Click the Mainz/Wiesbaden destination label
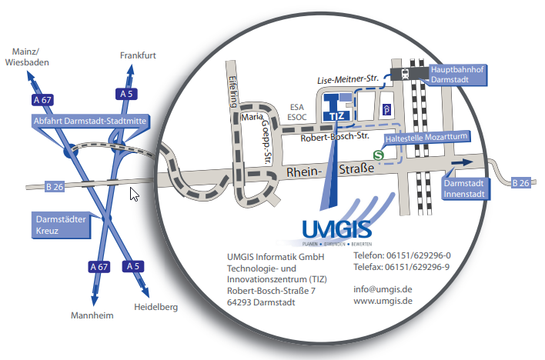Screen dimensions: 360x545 click(x=28, y=57)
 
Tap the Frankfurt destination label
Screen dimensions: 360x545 click(x=139, y=55)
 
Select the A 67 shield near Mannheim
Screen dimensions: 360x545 click(x=99, y=267)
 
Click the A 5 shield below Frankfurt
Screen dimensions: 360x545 click(x=129, y=94)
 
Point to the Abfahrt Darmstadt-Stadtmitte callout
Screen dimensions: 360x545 click(x=91, y=122)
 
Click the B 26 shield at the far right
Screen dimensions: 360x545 click(x=521, y=182)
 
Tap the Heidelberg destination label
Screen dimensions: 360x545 click(x=156, y=308)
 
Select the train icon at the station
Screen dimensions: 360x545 click(x=400, y=73)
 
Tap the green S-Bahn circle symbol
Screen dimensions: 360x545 click(x=379, y=155)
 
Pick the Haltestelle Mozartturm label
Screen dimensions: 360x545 click(x=426, y=137)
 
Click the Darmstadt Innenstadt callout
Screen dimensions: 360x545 click(x=464, y=188)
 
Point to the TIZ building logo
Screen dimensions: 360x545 click(x=337, y=109)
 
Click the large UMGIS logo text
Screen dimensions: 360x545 click(x=336, y=228)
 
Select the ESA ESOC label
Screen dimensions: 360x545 click(x=298, y=112)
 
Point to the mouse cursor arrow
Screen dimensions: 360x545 click(x=134, y=193)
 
